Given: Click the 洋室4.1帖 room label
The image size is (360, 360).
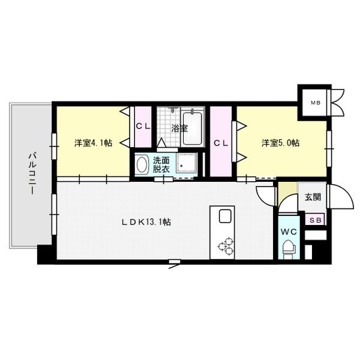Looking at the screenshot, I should pos(93,143).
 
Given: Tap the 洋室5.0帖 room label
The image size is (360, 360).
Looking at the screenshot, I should pos(280,143).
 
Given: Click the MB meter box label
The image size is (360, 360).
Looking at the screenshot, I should pos(315,104).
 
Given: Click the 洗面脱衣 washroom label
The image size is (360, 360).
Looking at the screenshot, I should pos(161,165).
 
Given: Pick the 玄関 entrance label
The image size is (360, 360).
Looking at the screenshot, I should pos(312,197).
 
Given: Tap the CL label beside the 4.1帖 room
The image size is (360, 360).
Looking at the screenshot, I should pos(142,126).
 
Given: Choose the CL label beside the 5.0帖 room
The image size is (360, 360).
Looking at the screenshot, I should pos(220,143).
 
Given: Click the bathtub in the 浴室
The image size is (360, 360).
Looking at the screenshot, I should pos(193,127).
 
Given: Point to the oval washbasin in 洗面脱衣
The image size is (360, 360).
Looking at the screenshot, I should pos(142,164).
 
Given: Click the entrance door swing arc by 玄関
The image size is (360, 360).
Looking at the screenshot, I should pos(337,197).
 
